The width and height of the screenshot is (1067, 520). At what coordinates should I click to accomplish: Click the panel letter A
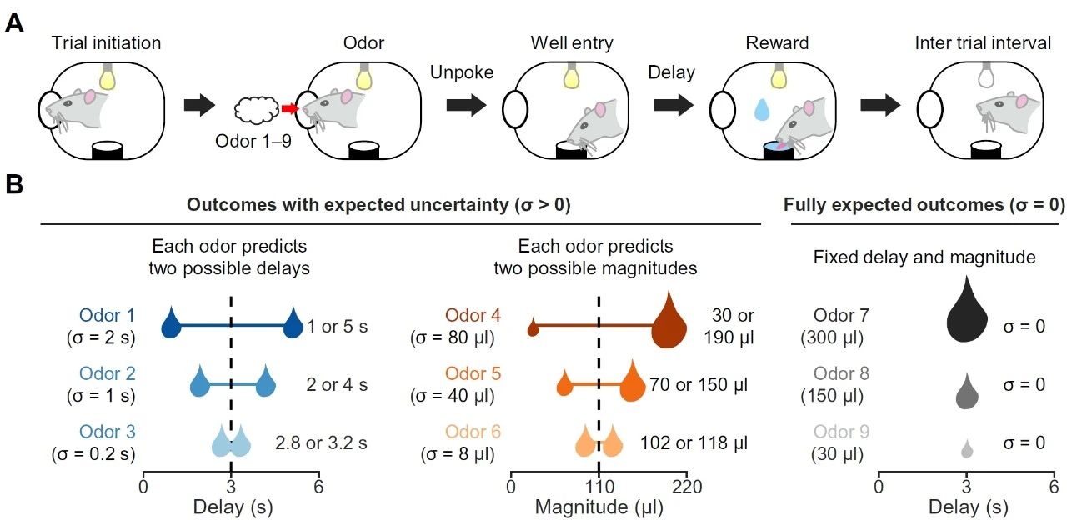(x=14, y=22)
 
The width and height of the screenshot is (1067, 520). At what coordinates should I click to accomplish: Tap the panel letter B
(x=14, y=185)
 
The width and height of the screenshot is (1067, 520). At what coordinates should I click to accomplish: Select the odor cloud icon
(x=257, y=109)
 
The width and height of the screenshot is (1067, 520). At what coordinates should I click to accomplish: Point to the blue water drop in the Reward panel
(x=761, y=111)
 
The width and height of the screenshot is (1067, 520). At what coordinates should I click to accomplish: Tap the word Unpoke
(x=462, y=72)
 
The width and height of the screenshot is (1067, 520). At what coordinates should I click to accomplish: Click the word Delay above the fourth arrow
(x=671, y=72)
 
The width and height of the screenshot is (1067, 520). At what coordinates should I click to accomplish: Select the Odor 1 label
(x=107, y=316)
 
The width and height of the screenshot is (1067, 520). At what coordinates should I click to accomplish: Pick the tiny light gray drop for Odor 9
(x=967, y=450)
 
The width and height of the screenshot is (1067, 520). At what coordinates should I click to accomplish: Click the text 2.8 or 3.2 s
(x=320, y=442)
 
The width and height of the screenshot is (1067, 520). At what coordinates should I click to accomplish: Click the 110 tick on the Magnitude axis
(x=599, y=486)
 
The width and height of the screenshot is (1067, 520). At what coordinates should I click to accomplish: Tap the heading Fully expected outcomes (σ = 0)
(x=924, y=205)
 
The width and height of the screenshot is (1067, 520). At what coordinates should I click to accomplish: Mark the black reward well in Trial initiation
(x=107, y=151)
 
